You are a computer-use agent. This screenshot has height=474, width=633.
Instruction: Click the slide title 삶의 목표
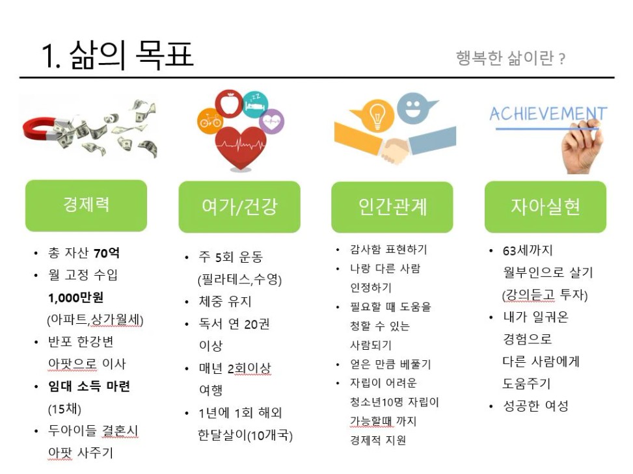click(131, 55)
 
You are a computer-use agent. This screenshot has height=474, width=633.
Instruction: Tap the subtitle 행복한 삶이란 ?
click(510, 59)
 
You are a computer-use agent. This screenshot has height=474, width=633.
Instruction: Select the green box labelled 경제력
click(86, 205)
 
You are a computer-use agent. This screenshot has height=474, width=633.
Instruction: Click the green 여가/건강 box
click(239, 207)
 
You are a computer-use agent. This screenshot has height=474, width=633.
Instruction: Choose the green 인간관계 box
click(392, 207)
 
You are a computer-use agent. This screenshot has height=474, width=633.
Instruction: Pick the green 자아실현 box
click(545, 207)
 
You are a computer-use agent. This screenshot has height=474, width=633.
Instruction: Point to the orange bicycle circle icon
click(209, 121)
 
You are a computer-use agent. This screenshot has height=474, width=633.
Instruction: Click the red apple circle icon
click(229, 103)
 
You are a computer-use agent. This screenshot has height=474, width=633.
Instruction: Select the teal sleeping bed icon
click(255, 105)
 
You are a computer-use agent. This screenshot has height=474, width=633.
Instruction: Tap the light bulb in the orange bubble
click(377, 115)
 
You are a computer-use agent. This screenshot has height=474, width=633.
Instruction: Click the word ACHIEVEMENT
click(548, 114)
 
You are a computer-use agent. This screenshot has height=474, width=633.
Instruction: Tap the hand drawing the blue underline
click(582, 147)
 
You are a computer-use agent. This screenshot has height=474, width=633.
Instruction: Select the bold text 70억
click(106, 253)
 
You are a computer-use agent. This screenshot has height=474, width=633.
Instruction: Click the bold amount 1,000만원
click(76, 298)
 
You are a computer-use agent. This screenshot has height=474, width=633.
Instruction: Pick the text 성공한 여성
click(535, 406)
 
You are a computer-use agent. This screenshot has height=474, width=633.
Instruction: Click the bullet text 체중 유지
click(225, 301)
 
